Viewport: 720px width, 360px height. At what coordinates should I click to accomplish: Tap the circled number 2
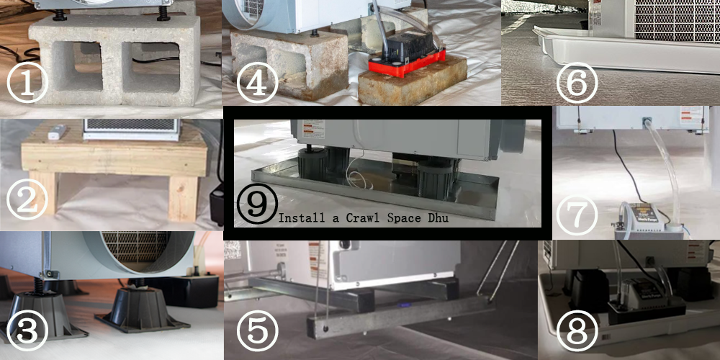28,202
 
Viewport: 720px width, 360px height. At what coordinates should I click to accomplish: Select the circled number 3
28,330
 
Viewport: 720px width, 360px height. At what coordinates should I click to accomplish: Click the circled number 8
577,330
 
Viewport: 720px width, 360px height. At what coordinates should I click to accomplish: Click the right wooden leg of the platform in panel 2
183,197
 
